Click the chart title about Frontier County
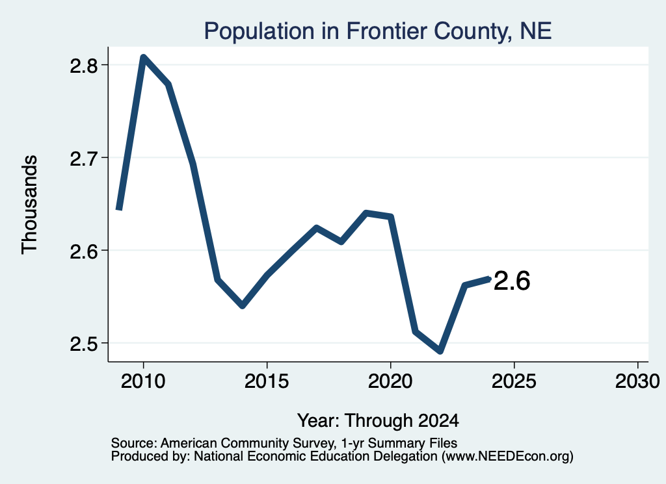coord(378,31)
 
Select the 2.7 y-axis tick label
coord(84,159)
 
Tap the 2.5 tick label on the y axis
coord(84,344)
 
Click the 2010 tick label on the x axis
coord(143,381)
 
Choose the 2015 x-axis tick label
coord(267,381)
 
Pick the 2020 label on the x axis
coord(390,381)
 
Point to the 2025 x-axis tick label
coord(514,381)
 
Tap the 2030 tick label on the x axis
coord(637,381)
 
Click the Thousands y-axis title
coord(29,205)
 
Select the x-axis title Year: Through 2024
coord(378,420)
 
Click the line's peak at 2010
coord(144,57)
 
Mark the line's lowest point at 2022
coord(440,351)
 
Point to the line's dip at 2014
coord(242,305)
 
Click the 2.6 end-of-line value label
coord(512,281)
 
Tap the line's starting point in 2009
coord(120,209)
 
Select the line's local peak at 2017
coord(317,228)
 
